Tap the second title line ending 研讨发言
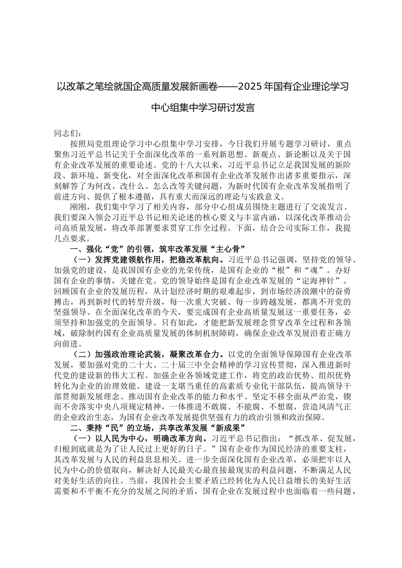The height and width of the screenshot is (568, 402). (203, 108)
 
